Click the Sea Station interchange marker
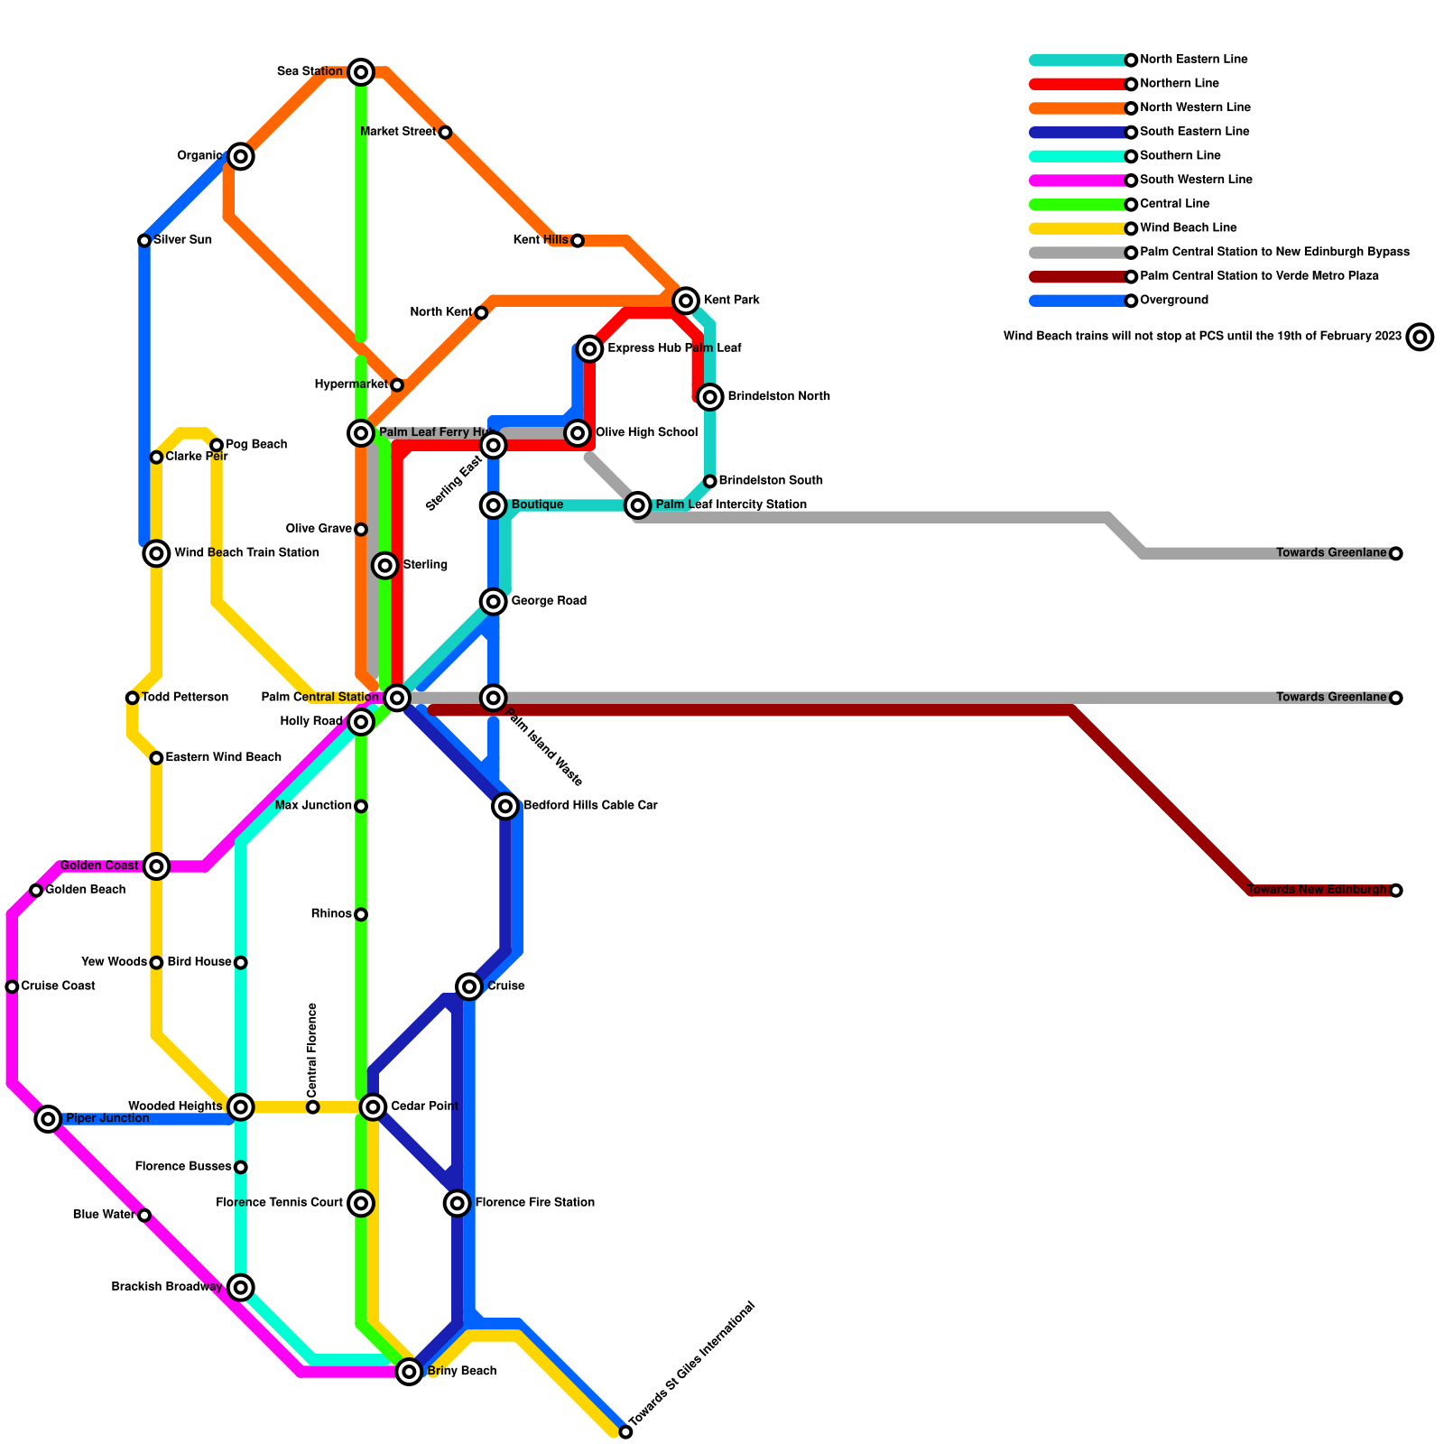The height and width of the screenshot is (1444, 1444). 361,72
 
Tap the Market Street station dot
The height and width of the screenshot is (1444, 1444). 445,133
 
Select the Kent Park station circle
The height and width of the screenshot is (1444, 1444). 687,301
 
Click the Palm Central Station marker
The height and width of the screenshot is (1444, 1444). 397,698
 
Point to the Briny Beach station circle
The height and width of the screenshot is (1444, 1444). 410,1372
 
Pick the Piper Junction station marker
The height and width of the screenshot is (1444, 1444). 49,1119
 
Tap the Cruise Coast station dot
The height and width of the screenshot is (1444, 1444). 12,986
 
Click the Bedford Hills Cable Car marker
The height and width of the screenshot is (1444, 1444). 506,806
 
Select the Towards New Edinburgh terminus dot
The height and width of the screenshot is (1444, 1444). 1396,891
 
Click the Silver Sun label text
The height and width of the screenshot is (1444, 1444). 182,240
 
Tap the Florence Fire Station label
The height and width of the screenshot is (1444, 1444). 534,1203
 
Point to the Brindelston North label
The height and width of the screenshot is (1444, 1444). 778,397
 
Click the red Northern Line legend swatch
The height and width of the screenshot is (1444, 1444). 1078,84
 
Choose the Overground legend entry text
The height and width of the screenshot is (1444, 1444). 1173,301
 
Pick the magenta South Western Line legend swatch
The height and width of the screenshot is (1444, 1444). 1078,180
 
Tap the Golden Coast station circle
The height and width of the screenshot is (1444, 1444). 157,866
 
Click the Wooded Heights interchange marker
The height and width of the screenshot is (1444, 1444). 240,1106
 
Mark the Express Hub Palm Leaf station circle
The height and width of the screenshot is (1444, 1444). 590,348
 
